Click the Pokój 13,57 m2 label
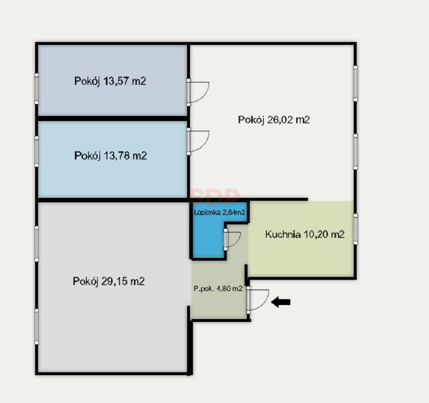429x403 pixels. click(x=110, y=82)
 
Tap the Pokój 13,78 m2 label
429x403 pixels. click(x=110, y=156)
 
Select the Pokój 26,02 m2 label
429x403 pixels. click(x=274, y=120)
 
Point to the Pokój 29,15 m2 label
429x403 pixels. click(x=109, y=281)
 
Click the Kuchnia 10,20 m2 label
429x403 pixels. click(x=305, y=234)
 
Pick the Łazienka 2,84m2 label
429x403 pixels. click(x=219, y=212)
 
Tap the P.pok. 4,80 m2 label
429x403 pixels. click(x=218, y=288)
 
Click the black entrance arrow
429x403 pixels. click(x=281, y=302)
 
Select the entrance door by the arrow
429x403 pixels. click(x=258, y=300)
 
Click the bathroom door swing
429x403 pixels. click(x=232, y=239)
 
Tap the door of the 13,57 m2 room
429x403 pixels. click(x=198, y=92)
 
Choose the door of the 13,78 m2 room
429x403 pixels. click(x=198, y=141)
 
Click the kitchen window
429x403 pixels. click(x=355, y=229)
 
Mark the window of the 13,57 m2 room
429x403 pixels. click(x=37, y=89)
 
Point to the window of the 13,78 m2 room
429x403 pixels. click(x=37, y=151)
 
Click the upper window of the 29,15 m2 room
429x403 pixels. click(x=37, y=243)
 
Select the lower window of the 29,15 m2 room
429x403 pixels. click(x=37, y=327)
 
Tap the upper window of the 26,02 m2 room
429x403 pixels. click(x=355, y=83)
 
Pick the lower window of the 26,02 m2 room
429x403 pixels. click(x=355, y=152)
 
